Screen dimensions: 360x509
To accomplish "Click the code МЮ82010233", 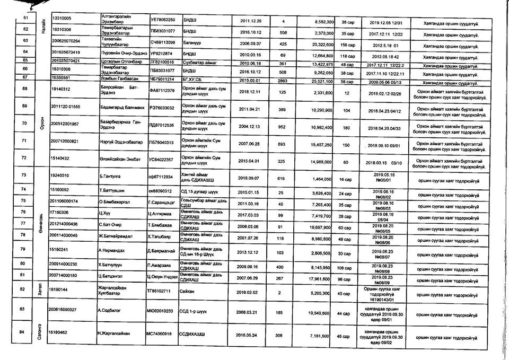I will click(x=163, y=311).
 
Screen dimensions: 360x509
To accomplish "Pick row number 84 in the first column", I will click(x=22, y=332).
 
